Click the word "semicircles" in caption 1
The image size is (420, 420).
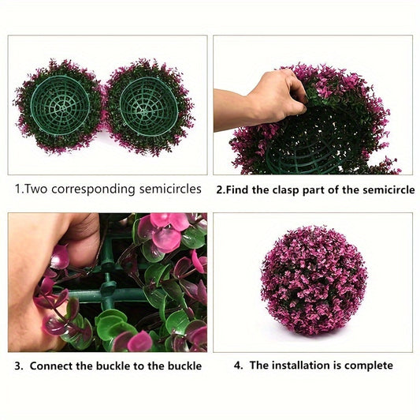[x=170, y=189]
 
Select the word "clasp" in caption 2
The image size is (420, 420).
[x=286, y=190]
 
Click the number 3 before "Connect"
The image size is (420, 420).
[x=18, y=366]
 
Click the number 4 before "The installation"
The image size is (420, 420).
[x=238, y=366]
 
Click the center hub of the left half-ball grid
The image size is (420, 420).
[x=62, y=108]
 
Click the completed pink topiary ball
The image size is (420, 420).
[x=314, y=281]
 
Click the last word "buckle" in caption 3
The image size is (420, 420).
[x=184, y=366]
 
